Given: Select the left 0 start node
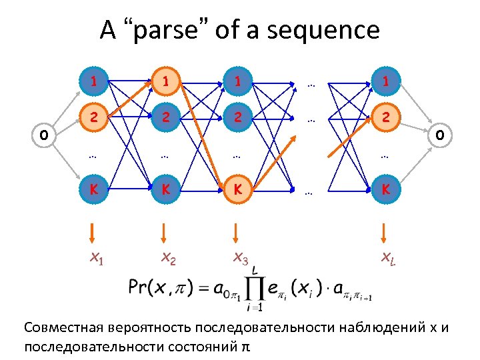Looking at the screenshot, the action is pos(43,135).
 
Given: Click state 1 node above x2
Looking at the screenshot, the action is pos(164,83).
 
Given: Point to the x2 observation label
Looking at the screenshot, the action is pos(166,258).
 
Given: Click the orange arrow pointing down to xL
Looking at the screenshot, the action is pos(383,231).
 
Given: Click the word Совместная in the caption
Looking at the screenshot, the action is pos(63,329).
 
